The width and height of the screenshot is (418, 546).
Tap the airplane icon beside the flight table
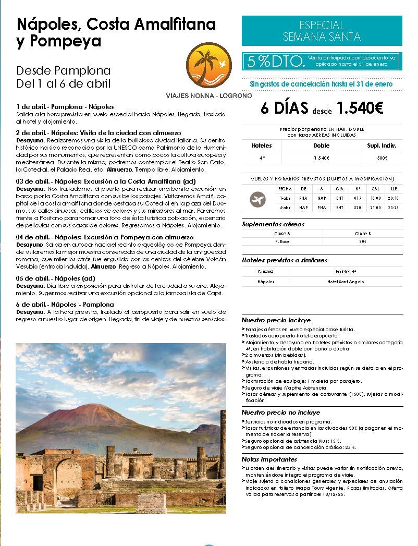pos(257,199)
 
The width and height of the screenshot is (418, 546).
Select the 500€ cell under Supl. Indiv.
pos(383,157)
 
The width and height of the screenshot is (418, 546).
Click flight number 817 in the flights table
pos(358,198)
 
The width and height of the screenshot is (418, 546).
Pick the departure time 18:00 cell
pos(376,198)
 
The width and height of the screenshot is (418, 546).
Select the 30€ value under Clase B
pos(362,241)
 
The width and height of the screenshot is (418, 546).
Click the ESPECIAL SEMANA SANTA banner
pos(322,31)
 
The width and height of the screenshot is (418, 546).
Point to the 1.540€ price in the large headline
pos(360,108)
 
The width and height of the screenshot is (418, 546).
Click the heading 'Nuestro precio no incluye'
pos(280,412)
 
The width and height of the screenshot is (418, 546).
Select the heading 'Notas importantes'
pos(269,459)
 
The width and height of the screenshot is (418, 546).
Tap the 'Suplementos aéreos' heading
pos(273,224)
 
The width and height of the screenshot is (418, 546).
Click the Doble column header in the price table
pos(322,145)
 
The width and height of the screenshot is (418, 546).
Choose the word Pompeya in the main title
pos(57,41)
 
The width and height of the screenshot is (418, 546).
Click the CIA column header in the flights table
pos(340,189)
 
